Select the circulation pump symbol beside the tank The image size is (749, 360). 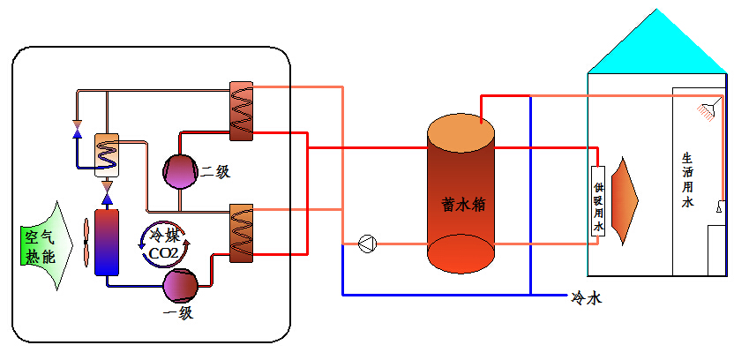[367, 244]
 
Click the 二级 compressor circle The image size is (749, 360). [180, 170]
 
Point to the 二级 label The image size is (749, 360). [215, 172]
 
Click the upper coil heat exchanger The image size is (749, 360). [241, 111]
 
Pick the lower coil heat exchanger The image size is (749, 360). [241, 232]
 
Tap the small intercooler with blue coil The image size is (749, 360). [107, 155]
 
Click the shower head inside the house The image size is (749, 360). [706, 110]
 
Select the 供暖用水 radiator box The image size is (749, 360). [597, 201]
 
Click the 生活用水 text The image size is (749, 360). [688, 181]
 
